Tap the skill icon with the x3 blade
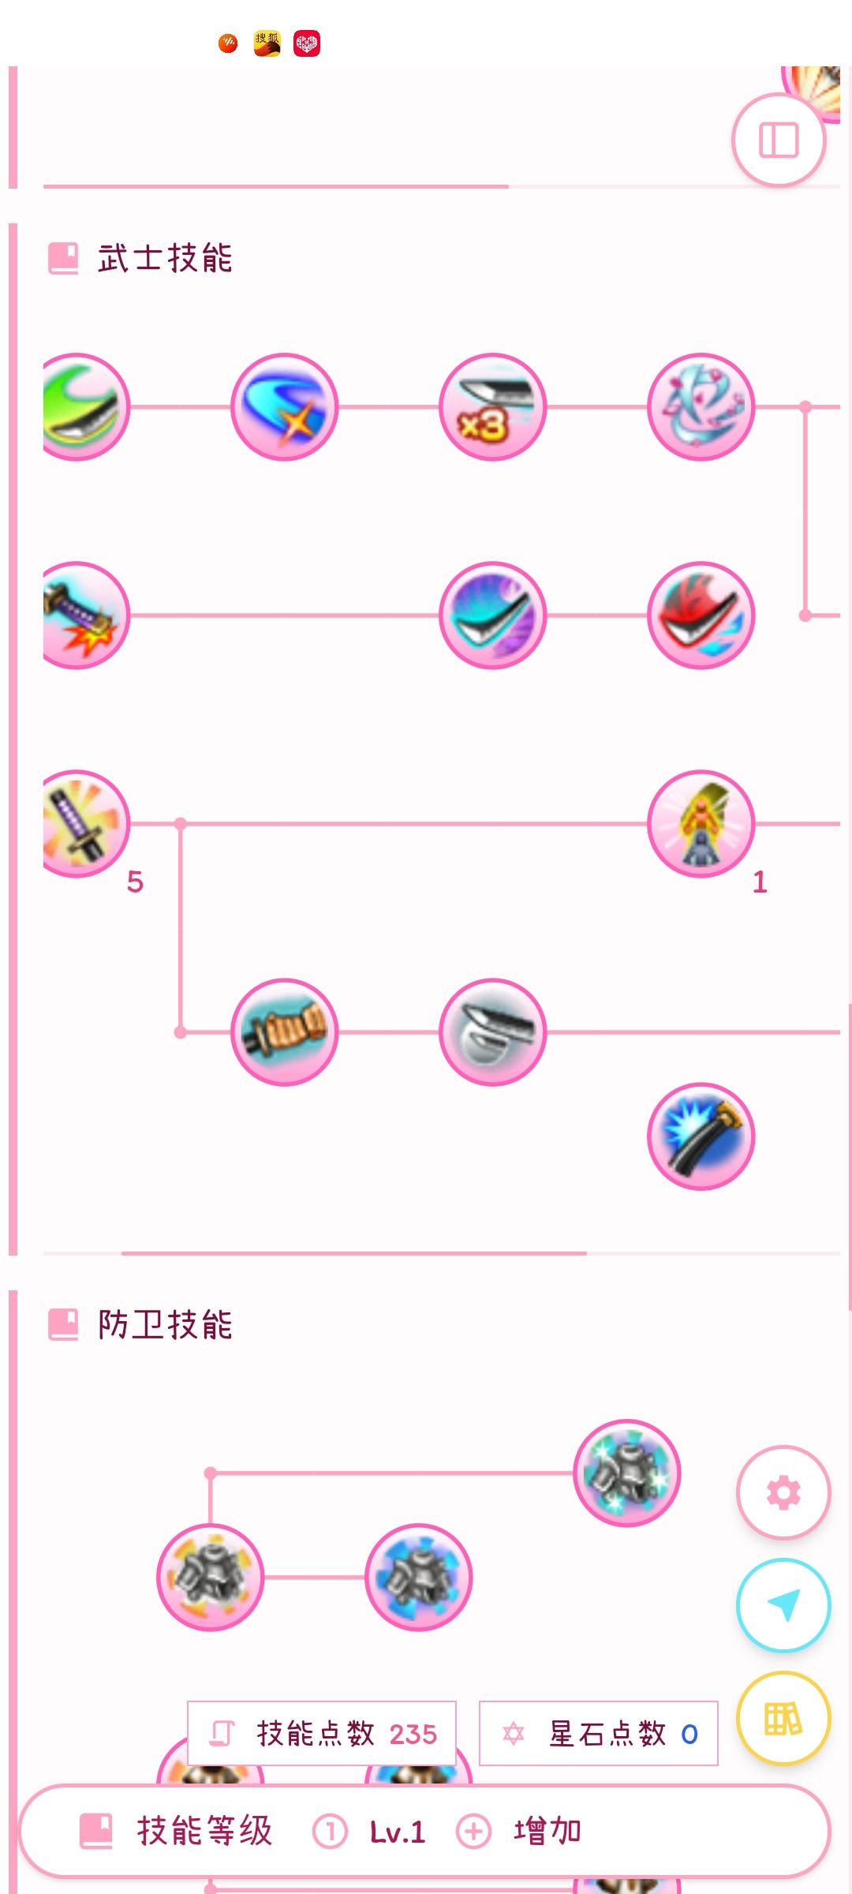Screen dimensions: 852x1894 coord(492,406)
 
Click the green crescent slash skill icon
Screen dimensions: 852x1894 coord(84,406)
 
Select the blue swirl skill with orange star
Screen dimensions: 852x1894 coord(284,406)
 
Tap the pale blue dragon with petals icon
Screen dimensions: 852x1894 coord(701,406)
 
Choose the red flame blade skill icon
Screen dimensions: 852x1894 coord(701,615)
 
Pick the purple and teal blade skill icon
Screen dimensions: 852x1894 coord(492,615)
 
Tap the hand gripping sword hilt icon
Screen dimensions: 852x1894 coord(284,1031)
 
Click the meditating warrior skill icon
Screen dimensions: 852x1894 coord(701,823)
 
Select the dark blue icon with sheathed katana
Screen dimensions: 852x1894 coord(701,1136)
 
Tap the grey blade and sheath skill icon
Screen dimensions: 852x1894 coord(492,1031)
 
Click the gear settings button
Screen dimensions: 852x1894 coord(783,1492)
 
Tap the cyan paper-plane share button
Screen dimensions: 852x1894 coord(783,1604)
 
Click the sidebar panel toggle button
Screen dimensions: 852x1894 coord(779,140)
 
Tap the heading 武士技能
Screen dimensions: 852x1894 coord(165,258)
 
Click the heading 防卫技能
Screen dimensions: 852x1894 coord(165,1324)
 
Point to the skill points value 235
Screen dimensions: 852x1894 coord(413,1734)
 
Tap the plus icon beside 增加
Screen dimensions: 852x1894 coord(473,1831)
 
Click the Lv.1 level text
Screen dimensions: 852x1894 coord(398,1832)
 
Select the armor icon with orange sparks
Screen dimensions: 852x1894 coord(210,1577)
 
